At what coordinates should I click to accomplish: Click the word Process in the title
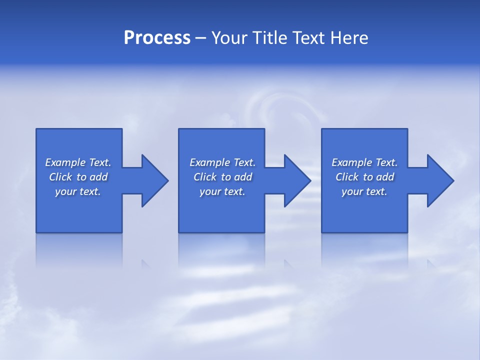157,38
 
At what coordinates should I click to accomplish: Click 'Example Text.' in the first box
78,162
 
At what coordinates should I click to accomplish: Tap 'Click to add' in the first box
78,177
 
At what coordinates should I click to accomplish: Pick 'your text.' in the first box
78,191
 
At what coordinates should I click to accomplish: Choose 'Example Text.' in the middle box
222,162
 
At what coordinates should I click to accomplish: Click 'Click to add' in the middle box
222,177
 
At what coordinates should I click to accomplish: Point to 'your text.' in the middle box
222,191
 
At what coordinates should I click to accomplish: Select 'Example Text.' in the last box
364,162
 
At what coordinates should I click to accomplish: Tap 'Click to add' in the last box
364,177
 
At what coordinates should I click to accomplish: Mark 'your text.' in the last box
364,191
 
